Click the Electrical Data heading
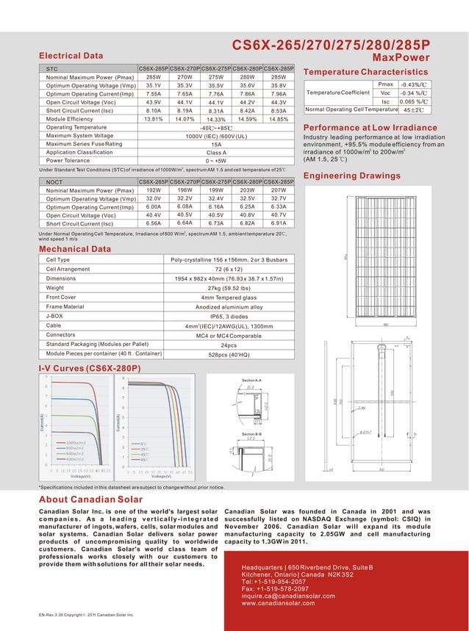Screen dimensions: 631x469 point(71,55)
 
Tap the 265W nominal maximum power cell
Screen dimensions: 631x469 point(154,76)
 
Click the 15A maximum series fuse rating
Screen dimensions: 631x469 point(216,144)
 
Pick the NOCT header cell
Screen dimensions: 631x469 point(54,181)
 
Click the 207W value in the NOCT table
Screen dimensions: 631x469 point(279,190)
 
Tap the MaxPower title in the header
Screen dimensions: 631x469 point(401,57)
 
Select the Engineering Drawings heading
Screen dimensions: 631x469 point(351,176)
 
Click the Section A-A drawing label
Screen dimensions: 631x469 point(251,380)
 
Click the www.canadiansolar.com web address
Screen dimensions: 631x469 point(278,603)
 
